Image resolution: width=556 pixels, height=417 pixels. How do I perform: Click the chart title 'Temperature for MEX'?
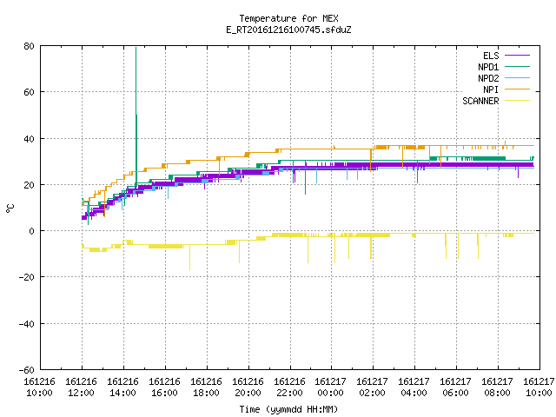point(288,18)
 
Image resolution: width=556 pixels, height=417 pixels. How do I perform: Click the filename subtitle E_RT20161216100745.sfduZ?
point(288,30)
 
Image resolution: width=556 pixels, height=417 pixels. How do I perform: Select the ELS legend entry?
point(491,56)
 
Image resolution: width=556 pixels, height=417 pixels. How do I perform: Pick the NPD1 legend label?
point(488,67)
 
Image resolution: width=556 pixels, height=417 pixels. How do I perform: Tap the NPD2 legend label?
point(488,78)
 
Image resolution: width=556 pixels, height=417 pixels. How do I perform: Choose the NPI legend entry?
point(491,89)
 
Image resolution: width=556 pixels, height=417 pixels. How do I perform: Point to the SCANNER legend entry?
point(480,101)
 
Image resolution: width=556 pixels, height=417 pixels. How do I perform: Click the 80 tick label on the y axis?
point(29,46)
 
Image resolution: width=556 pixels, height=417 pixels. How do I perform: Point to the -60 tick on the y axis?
point(27,370)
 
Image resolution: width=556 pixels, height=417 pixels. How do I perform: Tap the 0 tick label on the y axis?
point(32,231)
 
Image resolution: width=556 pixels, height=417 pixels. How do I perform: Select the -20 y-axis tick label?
point(27,277)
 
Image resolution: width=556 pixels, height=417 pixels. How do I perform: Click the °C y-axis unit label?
point(10,208)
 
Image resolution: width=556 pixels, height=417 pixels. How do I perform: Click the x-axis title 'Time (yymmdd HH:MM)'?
point(288,409)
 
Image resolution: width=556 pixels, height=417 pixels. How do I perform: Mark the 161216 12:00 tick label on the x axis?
point(81,387)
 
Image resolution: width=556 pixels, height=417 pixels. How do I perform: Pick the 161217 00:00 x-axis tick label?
point(330,387)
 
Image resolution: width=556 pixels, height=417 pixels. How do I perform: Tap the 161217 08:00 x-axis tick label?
point(497,387)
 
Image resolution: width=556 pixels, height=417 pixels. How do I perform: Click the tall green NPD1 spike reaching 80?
point(136,117)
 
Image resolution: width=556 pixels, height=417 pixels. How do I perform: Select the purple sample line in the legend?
point(518,56)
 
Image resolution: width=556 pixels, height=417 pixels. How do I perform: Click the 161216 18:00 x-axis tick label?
point(206,387)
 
